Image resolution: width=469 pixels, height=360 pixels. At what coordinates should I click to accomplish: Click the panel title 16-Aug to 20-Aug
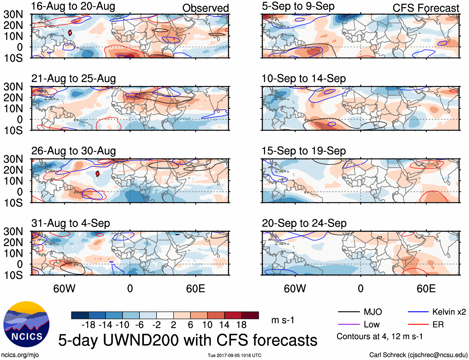[x=73, y=6]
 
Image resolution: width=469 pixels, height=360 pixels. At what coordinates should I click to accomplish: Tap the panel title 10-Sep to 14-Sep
[x=303, y=79]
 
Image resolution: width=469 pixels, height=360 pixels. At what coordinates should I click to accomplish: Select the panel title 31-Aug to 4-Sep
[x=71, y=223]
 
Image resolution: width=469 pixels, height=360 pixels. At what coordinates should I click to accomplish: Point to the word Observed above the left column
[x=205, y=8]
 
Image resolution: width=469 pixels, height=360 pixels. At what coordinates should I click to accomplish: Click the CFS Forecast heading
[x=426, y=8]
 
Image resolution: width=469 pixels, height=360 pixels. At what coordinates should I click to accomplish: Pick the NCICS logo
[x=26, y=324]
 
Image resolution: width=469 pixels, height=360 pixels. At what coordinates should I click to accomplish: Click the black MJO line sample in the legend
[x=348, y=312]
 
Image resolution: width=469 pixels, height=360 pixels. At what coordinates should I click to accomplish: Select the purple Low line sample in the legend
[x=348, y=325]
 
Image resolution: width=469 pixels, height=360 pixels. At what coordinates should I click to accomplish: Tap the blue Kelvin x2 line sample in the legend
[x=418, y=312]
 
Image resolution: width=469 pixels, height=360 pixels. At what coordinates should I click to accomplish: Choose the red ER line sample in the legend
[x=418, y=325]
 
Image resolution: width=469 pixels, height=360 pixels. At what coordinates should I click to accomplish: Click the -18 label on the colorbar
[x=89, y=325]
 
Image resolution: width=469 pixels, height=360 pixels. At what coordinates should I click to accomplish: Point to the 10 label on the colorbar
[x=207, y=325]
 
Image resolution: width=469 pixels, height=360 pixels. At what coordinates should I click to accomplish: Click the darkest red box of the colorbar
[x=250, y=315]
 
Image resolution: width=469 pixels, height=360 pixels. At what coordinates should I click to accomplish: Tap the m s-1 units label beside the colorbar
[x=283, y=320]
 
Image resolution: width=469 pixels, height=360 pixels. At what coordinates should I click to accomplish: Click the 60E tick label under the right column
[x=426, y=288]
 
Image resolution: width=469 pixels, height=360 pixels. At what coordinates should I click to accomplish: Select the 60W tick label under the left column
[x=64, y=288]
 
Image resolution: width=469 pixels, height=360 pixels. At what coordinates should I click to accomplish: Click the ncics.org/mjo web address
[x=20, y=355]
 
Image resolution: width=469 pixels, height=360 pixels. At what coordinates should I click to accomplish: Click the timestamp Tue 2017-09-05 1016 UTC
[x=234, y=355]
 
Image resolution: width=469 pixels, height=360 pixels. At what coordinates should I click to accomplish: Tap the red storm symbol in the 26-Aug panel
[x=98, y=173]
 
